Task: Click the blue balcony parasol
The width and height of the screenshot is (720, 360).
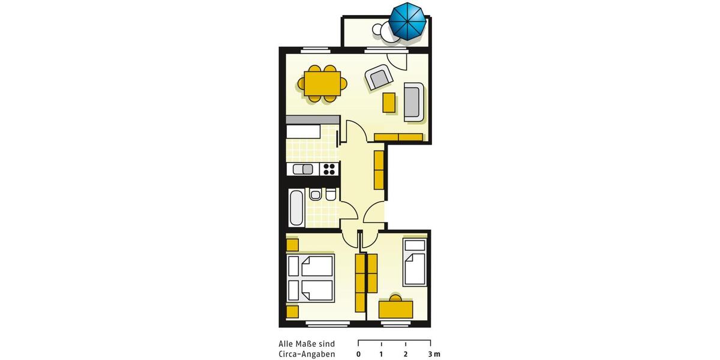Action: (x=407, y=21)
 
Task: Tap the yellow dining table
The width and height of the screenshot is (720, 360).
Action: (x=323, y=84)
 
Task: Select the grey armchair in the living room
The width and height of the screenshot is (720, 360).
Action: (x=379, y=78)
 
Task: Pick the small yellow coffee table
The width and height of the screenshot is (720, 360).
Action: (x=389, y=103)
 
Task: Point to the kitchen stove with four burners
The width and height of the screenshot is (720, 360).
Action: (x=329, y=169)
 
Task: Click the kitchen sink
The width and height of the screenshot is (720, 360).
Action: (x=304, y=169)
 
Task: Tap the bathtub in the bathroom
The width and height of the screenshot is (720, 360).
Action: (x=296, y=208)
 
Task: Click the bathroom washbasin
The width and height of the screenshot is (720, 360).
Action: (x=315, y=195)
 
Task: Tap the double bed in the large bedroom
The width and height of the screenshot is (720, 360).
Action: (x=311, y=278)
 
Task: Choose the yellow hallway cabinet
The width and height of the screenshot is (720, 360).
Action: (x=379, y=170)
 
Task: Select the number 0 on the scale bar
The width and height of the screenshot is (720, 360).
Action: (x=358, y=354)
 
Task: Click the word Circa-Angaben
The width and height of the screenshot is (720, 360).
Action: (x=307, y=354)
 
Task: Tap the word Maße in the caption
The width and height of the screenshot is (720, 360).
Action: (x=307, y=344)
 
